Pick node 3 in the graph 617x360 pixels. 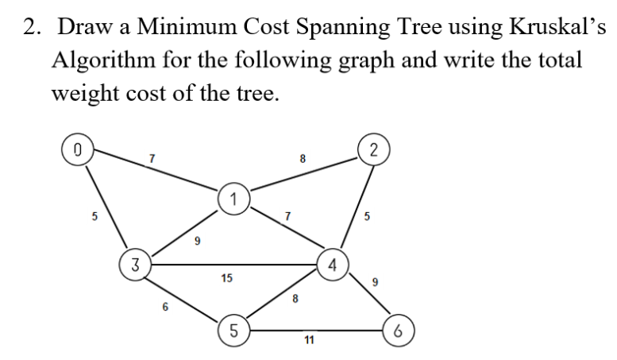[x=136, y=264]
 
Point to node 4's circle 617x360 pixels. [x=333, y=265]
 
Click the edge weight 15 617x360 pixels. [x=226, y=278]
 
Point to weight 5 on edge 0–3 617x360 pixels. [x=94, y=215]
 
